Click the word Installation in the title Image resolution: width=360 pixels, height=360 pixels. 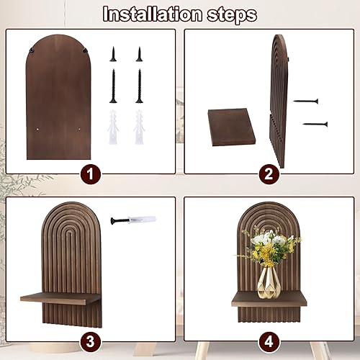coord(153,14)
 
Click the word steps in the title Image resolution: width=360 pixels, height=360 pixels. coord(232,16)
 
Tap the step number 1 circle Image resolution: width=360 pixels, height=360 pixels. coord(90,174)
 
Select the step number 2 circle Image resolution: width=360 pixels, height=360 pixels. coord(269,174)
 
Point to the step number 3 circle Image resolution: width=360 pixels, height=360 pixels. coord(90,342)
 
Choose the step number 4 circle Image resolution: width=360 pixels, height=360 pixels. coord(269,342)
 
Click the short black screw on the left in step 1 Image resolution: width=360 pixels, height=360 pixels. coord(113,54)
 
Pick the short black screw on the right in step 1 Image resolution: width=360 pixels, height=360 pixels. coord(140,54)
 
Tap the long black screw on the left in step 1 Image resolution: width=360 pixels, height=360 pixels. coord(113,86)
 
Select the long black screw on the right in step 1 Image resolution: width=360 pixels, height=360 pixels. coord(140,86)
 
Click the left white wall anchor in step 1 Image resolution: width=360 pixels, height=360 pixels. coord(113,127)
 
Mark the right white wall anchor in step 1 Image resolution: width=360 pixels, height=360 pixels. coord(139,127)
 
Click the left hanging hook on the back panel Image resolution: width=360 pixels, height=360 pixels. coord(31,50)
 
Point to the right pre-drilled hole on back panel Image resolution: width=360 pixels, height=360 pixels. coord(79,130)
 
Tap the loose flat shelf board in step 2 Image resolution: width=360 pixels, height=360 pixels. coord(232,127)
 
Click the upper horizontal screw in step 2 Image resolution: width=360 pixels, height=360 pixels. coord(306,101)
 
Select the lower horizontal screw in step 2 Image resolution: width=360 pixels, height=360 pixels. coord(315,124)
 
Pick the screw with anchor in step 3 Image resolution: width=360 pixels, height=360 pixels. coord(133,220)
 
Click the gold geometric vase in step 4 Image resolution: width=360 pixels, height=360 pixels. coord(269,282)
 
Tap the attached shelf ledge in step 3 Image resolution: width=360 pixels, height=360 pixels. coord(60,299)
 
